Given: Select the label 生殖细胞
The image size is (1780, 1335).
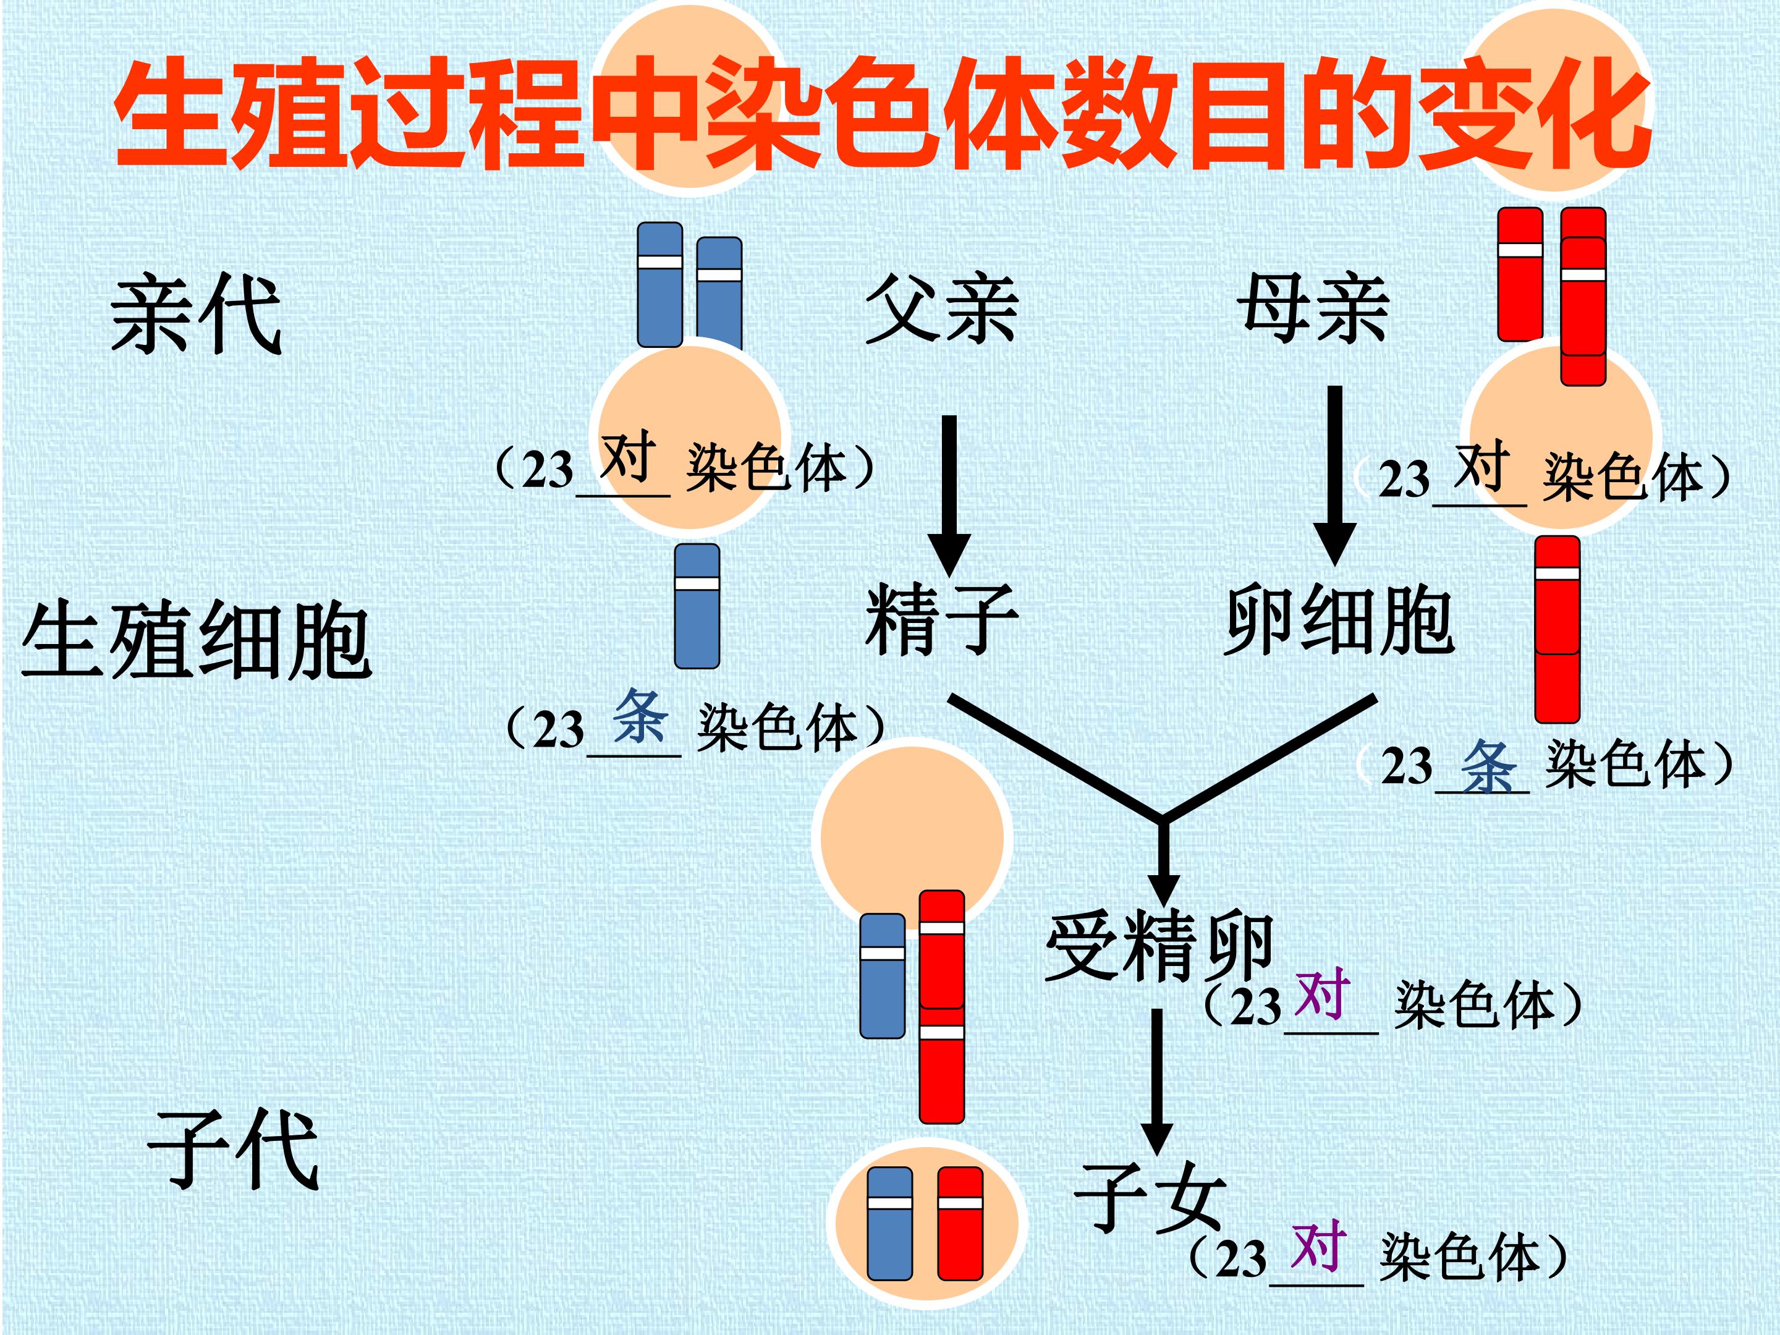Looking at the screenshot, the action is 197,642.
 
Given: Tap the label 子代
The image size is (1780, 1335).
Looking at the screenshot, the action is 234,1149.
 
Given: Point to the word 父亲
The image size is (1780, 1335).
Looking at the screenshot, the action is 941,309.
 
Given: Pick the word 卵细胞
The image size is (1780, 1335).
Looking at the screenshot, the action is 1339,621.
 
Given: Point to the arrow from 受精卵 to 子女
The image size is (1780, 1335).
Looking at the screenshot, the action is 1157,1082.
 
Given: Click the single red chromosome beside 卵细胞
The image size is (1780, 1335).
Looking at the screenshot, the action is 1557,630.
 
